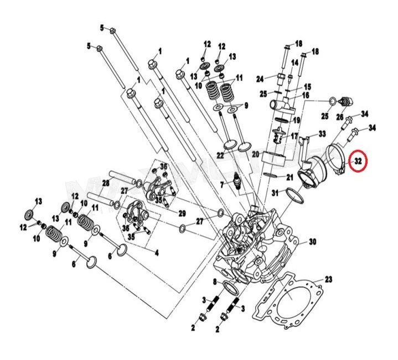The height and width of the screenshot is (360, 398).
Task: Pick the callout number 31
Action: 275,192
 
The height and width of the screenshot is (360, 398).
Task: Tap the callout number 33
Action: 322,134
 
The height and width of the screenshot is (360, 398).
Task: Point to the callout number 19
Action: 297,120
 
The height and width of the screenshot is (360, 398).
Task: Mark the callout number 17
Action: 295,135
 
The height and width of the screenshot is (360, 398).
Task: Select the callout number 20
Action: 255,153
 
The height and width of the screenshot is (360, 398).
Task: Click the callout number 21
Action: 290,177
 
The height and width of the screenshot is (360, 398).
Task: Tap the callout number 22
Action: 220,157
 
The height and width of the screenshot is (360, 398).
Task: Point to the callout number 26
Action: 340,116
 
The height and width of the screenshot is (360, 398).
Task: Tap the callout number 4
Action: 157,253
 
